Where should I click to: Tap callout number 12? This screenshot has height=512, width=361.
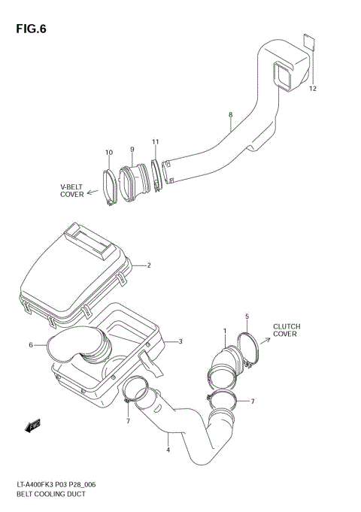312,89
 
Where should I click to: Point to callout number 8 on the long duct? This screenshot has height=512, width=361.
230,115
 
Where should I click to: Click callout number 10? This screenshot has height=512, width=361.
108,153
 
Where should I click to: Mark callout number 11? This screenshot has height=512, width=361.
155,141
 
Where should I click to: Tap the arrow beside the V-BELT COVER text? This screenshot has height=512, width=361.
93,192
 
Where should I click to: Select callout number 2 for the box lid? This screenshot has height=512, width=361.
149,265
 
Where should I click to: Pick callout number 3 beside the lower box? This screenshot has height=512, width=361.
180,341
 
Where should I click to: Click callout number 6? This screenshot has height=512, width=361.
32,345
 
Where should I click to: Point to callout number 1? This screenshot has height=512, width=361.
223,331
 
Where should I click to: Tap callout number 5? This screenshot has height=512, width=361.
246,316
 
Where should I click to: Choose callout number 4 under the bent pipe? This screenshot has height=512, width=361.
168,450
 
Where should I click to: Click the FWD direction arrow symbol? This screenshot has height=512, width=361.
32,427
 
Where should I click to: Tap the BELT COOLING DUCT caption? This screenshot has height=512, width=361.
46,494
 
